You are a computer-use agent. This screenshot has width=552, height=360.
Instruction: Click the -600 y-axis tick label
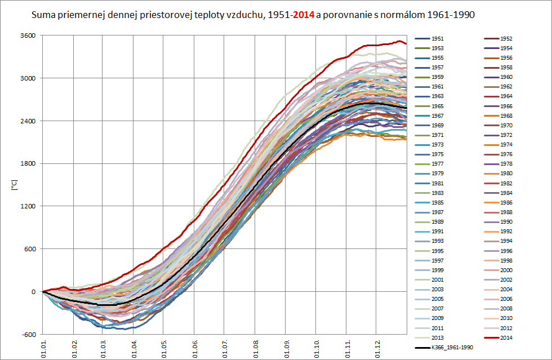[29, 334]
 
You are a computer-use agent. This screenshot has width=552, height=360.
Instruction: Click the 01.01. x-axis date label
[44, 345]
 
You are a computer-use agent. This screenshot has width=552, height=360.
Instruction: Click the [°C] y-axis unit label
[15, 184]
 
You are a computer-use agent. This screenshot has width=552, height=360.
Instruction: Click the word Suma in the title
[43, 15]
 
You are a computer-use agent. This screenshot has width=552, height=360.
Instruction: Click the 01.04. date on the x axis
[134, 345]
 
